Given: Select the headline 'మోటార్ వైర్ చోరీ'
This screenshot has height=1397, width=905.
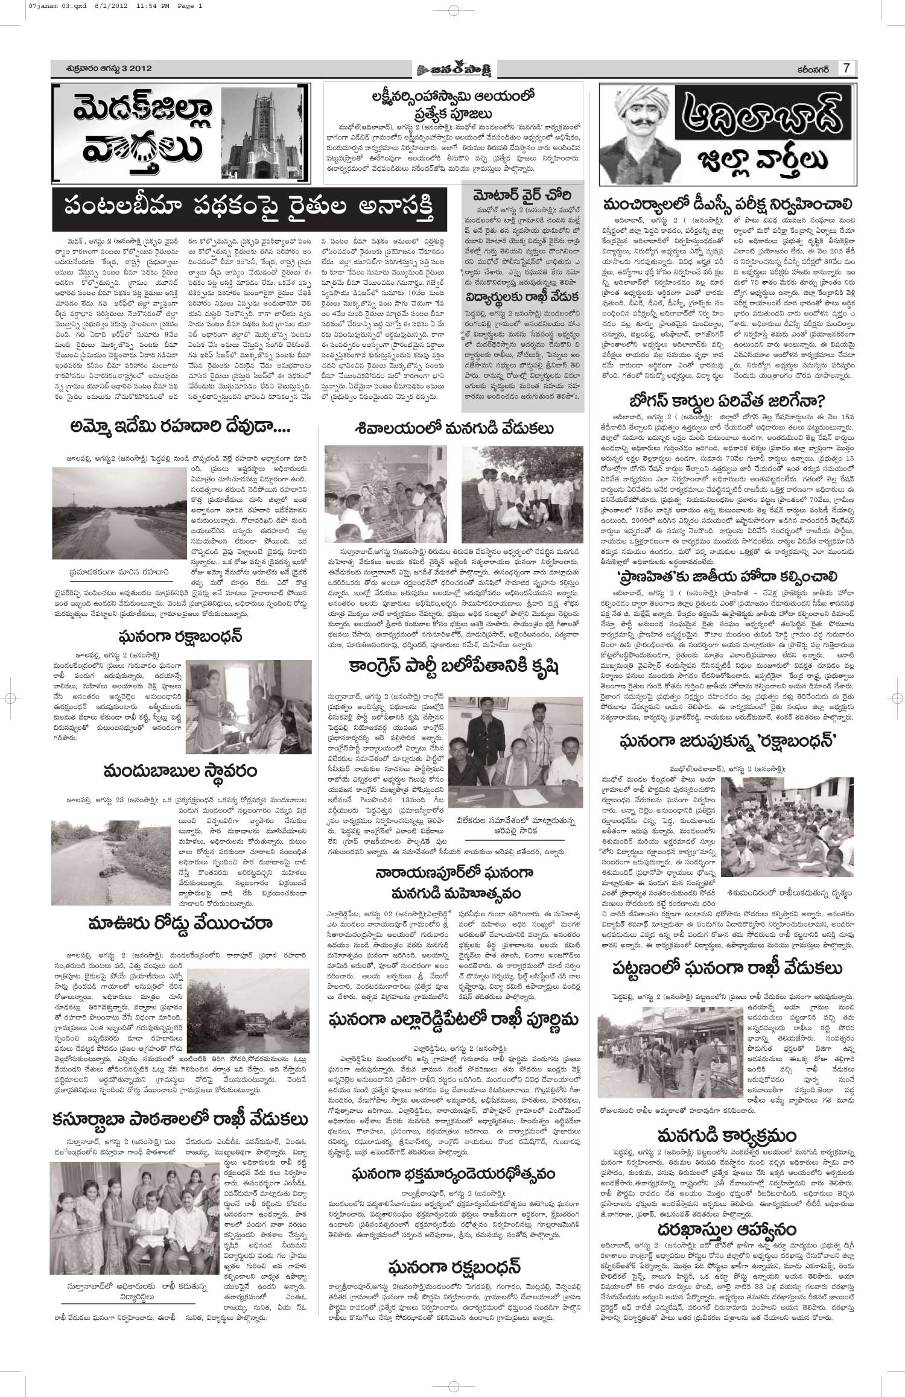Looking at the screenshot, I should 523,195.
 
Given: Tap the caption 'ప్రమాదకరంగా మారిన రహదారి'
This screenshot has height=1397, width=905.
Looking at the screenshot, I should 118,571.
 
